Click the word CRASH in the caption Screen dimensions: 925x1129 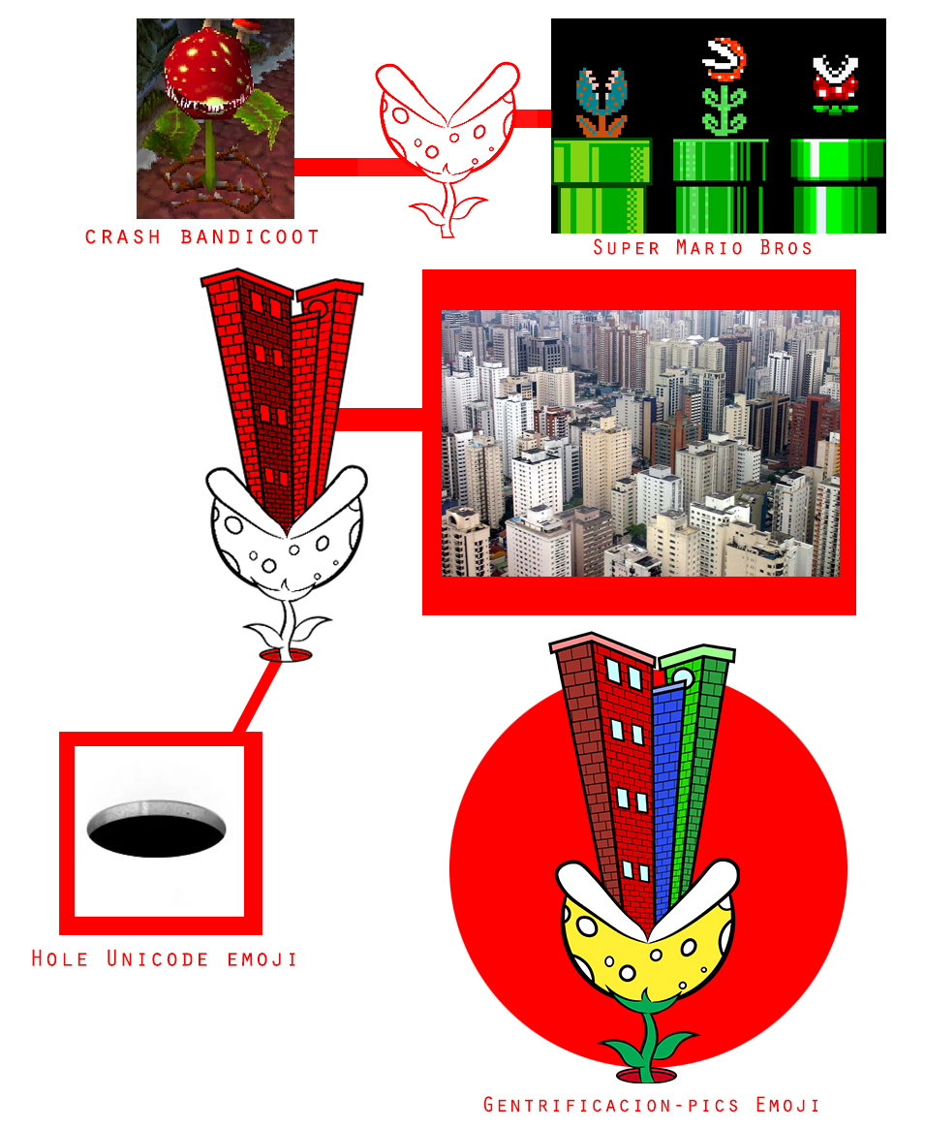[122, 236]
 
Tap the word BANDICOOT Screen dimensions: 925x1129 [250, 236]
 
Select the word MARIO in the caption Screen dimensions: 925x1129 [709, 248]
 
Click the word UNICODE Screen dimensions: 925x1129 [158, 959]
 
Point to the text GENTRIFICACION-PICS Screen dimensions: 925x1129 [611, 1105]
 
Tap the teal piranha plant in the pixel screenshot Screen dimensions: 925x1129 [601, 102]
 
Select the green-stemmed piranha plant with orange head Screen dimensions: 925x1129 [725, 86]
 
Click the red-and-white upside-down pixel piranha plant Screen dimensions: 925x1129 [835, 84]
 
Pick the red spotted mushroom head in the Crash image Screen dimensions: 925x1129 [208, 76]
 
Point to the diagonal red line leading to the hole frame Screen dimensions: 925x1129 [257, 696]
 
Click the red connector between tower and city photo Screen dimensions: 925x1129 [380, 419]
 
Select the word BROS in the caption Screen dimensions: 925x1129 [786, 248]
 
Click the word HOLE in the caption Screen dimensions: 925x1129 [60, 959]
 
